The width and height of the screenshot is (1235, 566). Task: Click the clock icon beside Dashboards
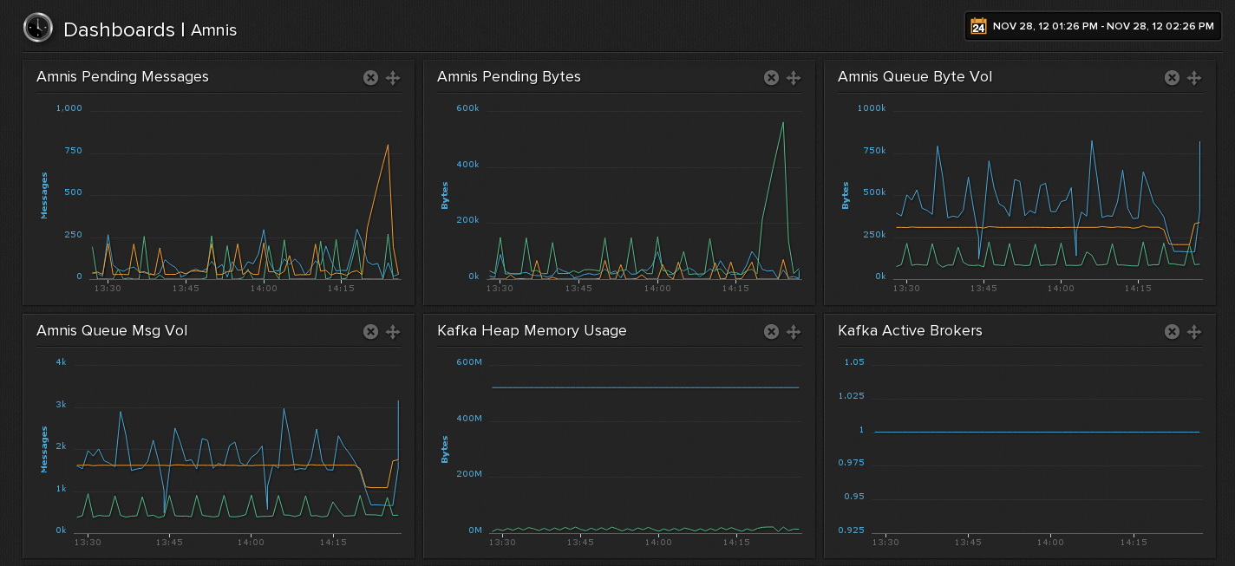[x=37, y=28]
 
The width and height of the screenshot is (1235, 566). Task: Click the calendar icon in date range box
[x=978, y=26]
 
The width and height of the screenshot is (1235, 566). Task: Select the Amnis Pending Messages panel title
[x=122, y=77]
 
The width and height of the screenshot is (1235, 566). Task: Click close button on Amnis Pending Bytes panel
[x=771, y=78]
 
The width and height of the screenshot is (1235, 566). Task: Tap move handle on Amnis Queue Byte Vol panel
[x=1194, y=78]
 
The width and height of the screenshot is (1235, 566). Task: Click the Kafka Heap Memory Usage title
[x=532, y=331]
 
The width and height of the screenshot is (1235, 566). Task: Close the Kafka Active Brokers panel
[x=1172, y=331]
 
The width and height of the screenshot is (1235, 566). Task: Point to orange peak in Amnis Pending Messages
[x=388, y=146]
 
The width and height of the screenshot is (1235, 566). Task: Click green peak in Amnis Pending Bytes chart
[x=783, y=122]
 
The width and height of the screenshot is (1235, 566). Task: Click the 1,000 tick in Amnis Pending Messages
[x=69, y=108]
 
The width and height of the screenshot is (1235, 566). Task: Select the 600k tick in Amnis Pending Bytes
[x=467, y=108]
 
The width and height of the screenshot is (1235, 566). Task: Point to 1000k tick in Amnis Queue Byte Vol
[x=871, y=108]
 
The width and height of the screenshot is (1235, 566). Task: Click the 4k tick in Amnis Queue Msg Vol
[x=61, y=361]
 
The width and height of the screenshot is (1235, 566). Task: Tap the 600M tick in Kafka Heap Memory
[x=468, y=361]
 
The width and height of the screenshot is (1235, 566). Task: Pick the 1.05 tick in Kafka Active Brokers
[x=853, y=361]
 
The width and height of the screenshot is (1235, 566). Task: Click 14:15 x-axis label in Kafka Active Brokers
[x=1133, y=543]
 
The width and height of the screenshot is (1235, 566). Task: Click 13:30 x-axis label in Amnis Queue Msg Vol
[x=88, y=543]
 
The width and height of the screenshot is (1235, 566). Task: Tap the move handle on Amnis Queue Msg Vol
[x=393, y=331]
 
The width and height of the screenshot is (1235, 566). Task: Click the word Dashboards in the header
[x=119, y=29]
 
